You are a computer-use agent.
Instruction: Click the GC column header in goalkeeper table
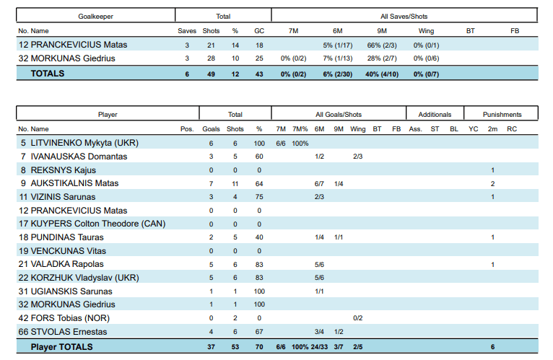click(x=259, y=31)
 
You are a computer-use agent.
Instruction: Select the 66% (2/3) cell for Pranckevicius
click(x=382, y=45)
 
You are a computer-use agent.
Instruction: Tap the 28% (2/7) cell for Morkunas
click(x=382, y=58)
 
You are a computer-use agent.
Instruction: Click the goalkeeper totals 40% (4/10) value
click(x=382, y=74)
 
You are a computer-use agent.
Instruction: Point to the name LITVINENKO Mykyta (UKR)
click(x=84, y=143)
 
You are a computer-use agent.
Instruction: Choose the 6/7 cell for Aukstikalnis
click(x=319, y=184)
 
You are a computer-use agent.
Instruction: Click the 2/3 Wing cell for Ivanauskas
click(x=357, y=157)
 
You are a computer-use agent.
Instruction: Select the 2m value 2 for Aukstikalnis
click(x=492, y=184)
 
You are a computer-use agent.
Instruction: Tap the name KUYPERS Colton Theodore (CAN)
click(x=98, y=224)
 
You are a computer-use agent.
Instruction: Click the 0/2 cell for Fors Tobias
click(x=357, y=318)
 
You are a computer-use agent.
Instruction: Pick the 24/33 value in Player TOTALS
click(x=319, y=347)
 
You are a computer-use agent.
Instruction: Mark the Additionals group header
click(x=435, y=115)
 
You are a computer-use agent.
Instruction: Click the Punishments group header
click(x=502, y=115)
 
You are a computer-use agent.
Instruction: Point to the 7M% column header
click(x=300, y=129)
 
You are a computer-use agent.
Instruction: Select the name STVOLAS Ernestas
click(x=69, y=332)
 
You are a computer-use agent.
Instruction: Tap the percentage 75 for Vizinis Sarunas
click(x=259, y=197)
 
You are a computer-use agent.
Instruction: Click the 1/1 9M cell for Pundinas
click(x=339, y=237)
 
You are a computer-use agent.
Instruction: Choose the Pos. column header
click(x=187, y=129)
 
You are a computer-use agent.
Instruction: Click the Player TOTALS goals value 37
click(x=211, y=347)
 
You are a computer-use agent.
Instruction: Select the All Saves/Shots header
click(x=404, y=17)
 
